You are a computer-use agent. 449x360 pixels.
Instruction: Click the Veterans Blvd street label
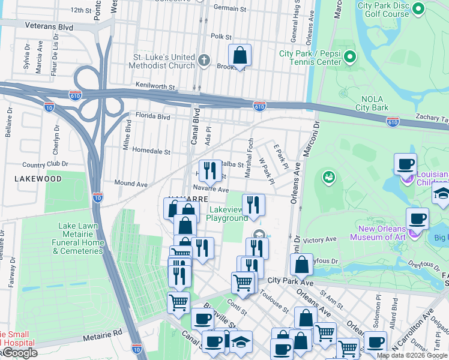click(x=49, y=26)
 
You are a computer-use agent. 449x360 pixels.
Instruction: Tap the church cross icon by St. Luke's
click(x=204, y=61)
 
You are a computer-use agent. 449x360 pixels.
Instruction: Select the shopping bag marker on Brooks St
click(x=240, y=56)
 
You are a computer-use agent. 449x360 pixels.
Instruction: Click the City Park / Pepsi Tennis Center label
click(x=310, y=58)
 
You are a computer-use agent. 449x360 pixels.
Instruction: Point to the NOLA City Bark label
click(x=376, y=103)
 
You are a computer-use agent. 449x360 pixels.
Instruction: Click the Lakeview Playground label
click(x=227, y=214)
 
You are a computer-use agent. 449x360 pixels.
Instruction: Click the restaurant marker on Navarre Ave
click(x=209, y=172)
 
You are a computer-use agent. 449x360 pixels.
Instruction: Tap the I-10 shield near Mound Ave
click(x=98, y=196)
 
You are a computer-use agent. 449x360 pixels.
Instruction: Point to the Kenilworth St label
click(x=155, y=86)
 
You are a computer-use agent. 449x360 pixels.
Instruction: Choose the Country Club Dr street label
click(x=41, y=164)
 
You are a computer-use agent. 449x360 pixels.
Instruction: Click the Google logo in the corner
click(x=19, y=353)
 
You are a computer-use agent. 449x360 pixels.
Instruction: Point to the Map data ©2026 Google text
click(x=411, y=355)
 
